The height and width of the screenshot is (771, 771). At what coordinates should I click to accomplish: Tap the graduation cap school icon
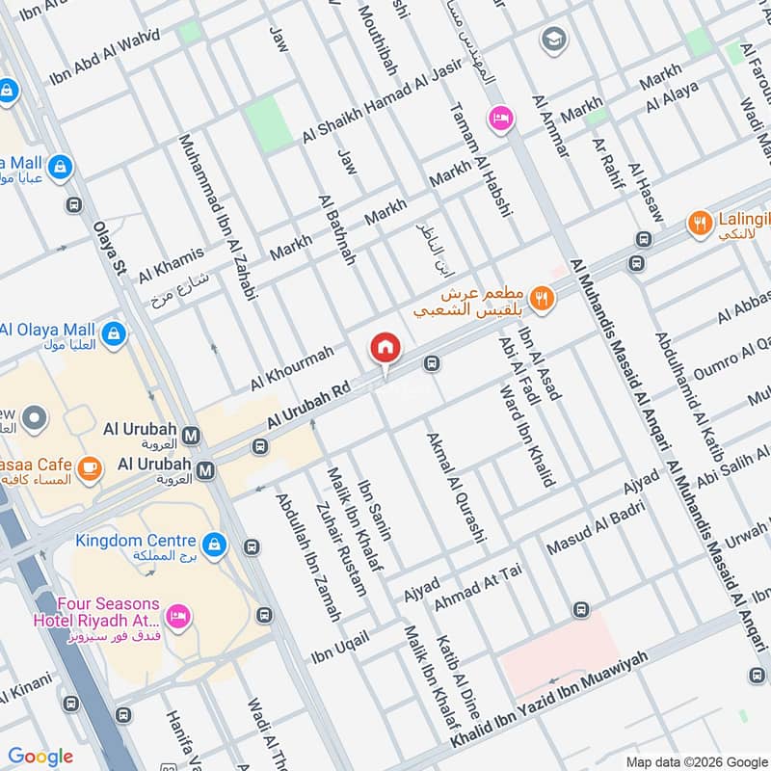(x=554, y=40)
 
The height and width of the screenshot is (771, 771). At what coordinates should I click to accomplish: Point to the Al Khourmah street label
(x=291, y=368)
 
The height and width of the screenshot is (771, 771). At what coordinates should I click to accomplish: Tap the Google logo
(x=40, y=757)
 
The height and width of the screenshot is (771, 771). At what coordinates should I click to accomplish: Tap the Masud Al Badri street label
(x=589, y=534)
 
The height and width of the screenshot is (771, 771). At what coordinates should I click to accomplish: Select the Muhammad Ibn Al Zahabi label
(x=219, y=218)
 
